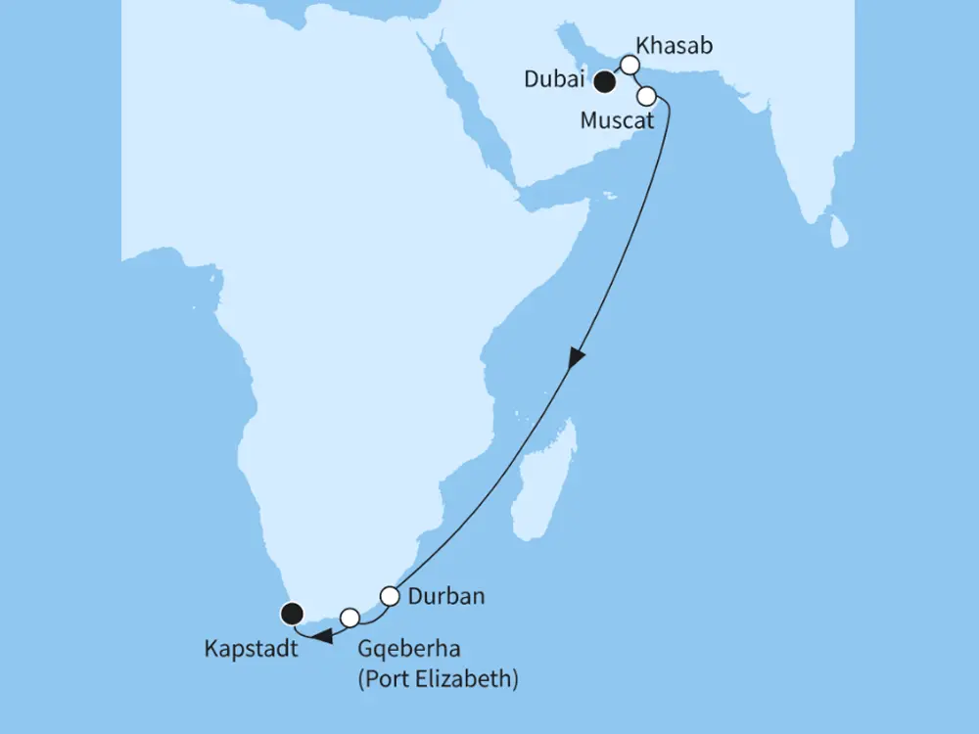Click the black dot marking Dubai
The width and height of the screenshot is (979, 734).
(x=606, y=82)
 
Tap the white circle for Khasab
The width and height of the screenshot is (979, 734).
(x=630, y=65)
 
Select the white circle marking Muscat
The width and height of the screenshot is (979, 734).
(x=646, y=96)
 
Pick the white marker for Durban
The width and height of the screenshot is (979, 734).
(x=390, y=595)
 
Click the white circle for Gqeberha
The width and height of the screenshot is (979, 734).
(x=350, y=617)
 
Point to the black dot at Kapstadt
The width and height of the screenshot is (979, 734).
(x=291, y=614)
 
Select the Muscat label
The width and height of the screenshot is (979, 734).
(x=616, y=121)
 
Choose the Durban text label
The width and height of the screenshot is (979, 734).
(x=446, y=595)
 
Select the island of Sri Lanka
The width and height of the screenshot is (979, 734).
(x=839, y=232)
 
